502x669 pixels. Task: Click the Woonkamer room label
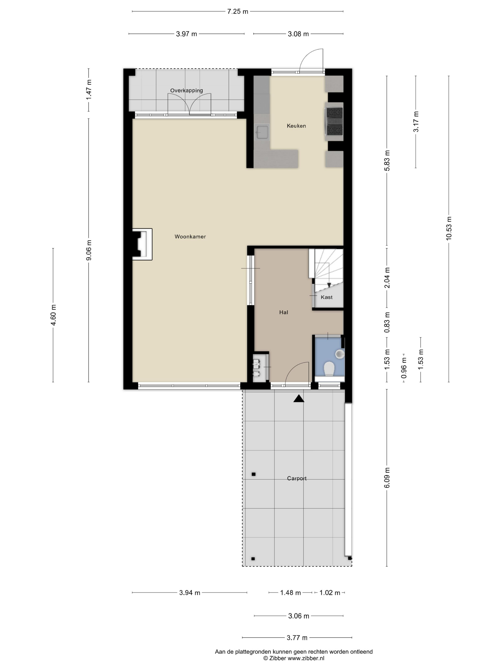click(190, 237)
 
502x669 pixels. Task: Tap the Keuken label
click(296, 126)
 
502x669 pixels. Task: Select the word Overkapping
click(186, 90)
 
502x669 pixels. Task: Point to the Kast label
click(327, 297)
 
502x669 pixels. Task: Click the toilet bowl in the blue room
click(329, 369)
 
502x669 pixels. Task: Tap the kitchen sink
click(262, 132)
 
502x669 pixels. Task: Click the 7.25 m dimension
click(238, 11)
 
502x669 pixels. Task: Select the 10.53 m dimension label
click(448, 228)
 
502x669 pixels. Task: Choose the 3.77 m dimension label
click(297, 637)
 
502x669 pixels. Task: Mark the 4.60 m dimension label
click(53, 315)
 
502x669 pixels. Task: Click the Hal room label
click(284, 313)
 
